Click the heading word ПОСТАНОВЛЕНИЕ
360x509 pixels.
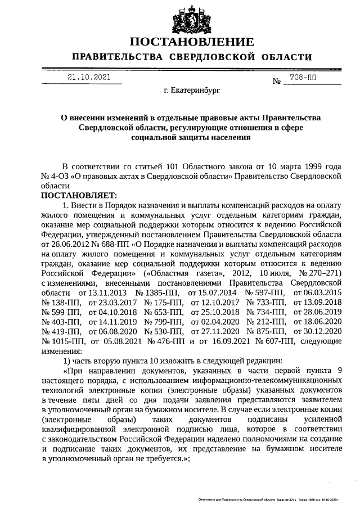pos(191,42)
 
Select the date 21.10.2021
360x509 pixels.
pos(89,78)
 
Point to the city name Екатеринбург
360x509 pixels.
pos(191,89)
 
